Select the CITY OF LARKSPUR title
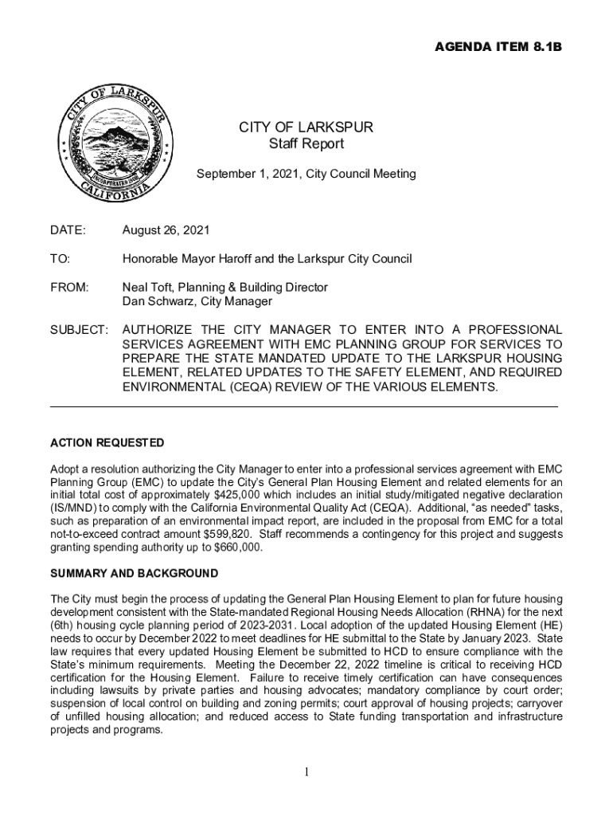tap(306, 127)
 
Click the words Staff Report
tap(306, 143)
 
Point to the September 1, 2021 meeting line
tap(306, 173)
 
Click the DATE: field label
tap(68, 230)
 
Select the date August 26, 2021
tap(166, 230)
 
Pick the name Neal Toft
tap(149, 287)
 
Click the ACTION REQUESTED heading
tap(107, 442)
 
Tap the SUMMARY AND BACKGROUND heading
tap(134, 574)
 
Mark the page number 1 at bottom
tap(306, 772)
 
